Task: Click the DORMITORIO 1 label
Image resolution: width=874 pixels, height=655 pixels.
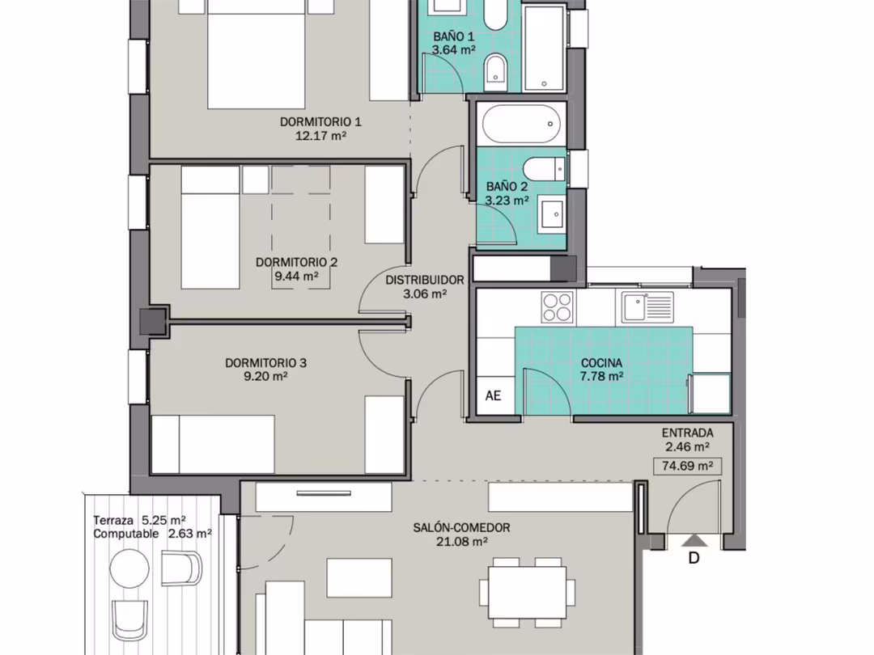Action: [320, 121]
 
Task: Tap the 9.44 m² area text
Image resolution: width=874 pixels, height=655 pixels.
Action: [296, 276]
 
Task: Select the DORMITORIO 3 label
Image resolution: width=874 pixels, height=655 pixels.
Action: [266, 362]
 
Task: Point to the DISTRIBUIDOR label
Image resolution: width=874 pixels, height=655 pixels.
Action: [425, 280]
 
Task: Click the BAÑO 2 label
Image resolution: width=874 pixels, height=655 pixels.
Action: [507, 187]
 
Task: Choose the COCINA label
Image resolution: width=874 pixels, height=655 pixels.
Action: [601, 362]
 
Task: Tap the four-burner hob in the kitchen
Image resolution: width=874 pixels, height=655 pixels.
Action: [558, 307]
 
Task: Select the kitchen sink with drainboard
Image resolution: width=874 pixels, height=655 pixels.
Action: [647, 307]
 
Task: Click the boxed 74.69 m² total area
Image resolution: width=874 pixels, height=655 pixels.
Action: [687, 466]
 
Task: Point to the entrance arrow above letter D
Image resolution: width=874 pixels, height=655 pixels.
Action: [694, 540]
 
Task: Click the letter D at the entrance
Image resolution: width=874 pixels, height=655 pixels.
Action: [694, 557]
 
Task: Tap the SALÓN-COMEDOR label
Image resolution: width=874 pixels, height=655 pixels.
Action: [461, 527]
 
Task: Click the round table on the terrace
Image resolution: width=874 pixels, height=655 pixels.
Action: [129, 568]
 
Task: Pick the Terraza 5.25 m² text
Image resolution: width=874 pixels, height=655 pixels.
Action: [139, 520]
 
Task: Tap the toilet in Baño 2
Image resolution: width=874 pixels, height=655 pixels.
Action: [545, 169]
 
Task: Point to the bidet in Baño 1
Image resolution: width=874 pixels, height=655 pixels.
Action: [495, 72]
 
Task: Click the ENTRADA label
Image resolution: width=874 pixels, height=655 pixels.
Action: [687, 433]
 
